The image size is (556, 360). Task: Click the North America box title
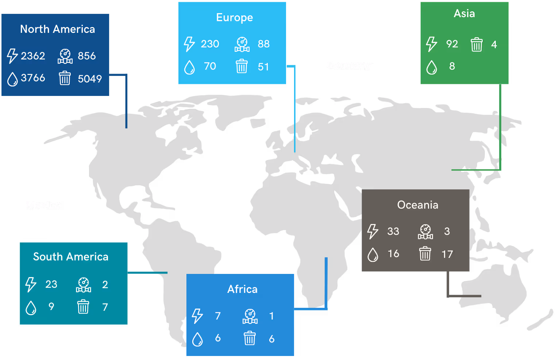point(57,29)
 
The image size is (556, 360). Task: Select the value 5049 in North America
point(90,79)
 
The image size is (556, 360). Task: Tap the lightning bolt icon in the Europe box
point(189,44)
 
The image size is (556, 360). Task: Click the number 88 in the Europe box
point(263,44)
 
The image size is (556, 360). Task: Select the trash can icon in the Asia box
point(476,44)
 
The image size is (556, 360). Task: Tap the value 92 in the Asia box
point(452,44)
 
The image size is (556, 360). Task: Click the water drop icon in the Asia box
point(432,67)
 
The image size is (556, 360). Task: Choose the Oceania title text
point(418,205)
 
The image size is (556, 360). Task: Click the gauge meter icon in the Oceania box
point(425,232)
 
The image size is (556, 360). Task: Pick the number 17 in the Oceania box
point(447,254)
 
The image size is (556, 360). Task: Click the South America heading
point(71,257)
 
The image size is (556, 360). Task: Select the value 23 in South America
point(51,284)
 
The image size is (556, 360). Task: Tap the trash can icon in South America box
point(83,307)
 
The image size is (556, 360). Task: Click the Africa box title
point(242,289)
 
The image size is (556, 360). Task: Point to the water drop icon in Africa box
point(197,339)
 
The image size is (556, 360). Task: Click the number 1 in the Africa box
point(271,316)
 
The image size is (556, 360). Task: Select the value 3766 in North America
point(33,78)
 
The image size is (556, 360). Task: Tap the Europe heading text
point(234,18)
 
